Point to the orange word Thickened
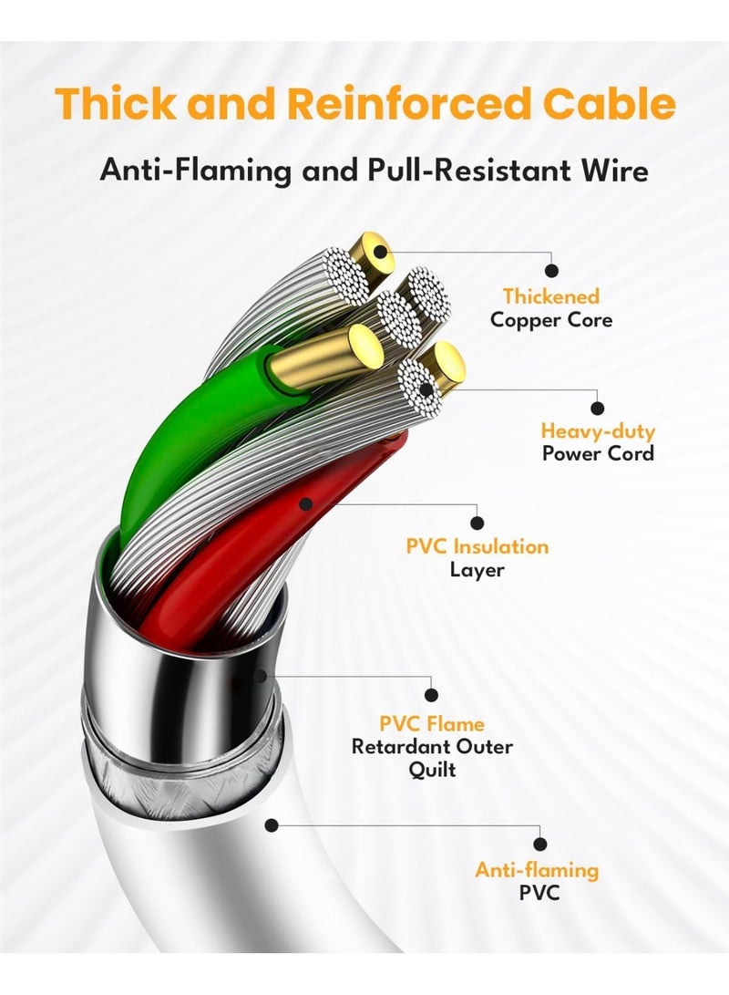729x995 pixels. pyautogui.click(x=551, y=296)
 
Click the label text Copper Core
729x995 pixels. pyautogui.click(x=551, y=320)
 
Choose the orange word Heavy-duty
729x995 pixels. pyautogui.click(x=598, y=430)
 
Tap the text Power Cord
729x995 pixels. pyautogui.click(x=598, y=453)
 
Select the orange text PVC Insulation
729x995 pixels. pyautogui.click(x=477, y=547)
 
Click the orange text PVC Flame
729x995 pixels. pyautogui.click(x=432, y=724)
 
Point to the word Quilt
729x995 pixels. pyautogui.click(x=432, y=770)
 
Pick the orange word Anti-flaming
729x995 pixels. pyautogui.click(x=538, y=869)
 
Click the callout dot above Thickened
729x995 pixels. pyautogui.click(x=551, y=270)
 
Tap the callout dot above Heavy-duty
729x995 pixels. pyautogui.click(x=598, y=408)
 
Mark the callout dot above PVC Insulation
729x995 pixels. pyautogui.click(x=477, y=523)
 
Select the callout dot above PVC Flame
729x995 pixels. pyautogui.click(x=432, y=696)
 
